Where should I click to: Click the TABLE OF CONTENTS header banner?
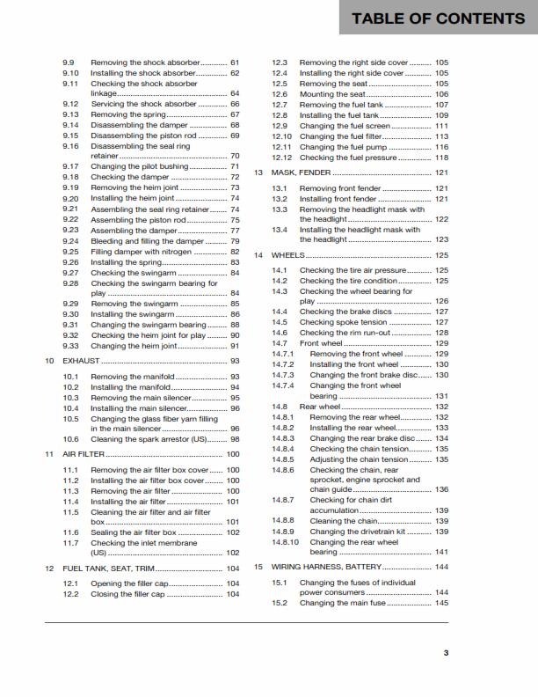(437, 18)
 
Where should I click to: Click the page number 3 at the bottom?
(446, 652)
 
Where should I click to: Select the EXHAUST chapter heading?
(82, 361)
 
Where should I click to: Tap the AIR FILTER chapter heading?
(84, 454)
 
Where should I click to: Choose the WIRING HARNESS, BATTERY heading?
(326, 567)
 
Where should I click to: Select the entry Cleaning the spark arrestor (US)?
(153, 438)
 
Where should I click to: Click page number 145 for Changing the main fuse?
(441, 603)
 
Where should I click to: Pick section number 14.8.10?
(286, 542)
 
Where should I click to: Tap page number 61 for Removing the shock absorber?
(235, 63)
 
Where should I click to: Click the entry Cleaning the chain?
(344, 521)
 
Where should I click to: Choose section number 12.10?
(281, 136)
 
